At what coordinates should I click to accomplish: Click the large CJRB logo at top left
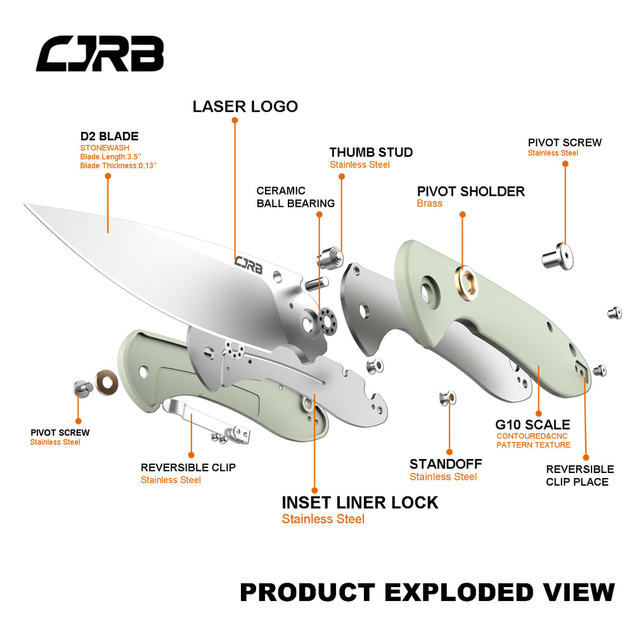[x=100, y=53]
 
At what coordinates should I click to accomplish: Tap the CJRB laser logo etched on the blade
[x=249, y=264]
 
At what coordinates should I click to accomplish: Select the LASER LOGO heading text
[x=245, y=107]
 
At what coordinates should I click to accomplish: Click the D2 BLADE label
[x=109, y=136]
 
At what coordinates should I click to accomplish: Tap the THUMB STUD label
[x=371, y=152]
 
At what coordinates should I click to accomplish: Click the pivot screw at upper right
[x=558, y=255]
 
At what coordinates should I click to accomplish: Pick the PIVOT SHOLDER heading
[x=470, y=191]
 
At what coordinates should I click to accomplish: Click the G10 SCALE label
[x=533, y=425]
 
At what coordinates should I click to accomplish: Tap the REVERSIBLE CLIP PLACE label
[x=579, y=475]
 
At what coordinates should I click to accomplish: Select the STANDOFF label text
[x=445, y=464]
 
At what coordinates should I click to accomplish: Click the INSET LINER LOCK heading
[x=359, y=503]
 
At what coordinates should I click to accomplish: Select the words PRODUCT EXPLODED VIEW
[x=427, y=592]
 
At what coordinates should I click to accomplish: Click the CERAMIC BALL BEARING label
[x=295, y=197]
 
